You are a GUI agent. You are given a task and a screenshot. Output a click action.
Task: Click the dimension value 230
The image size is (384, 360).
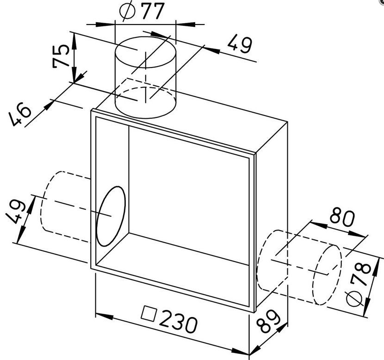178,321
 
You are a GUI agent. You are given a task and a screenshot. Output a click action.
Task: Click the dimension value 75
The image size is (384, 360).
61,56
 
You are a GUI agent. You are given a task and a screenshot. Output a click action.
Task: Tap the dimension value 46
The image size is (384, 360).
19,114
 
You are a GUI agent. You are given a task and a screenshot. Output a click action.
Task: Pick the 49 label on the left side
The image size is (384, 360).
15,212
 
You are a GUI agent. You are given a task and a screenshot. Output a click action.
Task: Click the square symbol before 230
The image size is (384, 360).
149,313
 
